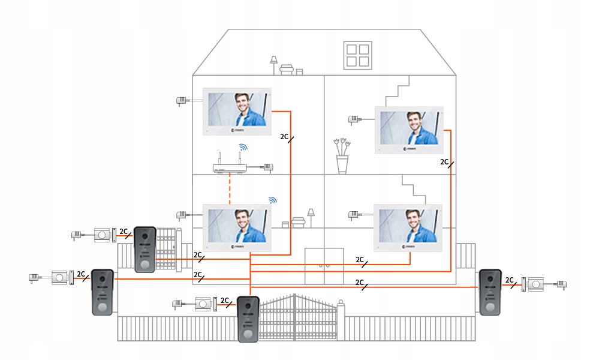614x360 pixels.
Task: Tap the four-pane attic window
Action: (x=357, y=55)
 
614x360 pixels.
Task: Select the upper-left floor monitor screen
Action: (x=237, y=111)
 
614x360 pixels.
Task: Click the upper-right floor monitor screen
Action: (x=409, y=129)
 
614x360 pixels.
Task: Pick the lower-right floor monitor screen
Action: (x=408, y=227)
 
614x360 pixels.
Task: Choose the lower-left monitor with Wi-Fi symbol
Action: (x=237, y=227)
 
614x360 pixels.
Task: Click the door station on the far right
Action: (x=490, y=292)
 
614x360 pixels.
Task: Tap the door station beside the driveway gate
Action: (x=248, y=319)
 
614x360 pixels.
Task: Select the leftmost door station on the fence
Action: (x=102, y=292)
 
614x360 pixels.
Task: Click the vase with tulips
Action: (x=342, y=157)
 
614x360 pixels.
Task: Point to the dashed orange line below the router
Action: (x=230, y=189)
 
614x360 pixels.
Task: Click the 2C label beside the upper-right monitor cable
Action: (x=444, y=162)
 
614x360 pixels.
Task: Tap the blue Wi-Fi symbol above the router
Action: (x=242, y=148)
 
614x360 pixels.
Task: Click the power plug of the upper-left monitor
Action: (x=181, y=101)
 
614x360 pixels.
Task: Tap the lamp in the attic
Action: (x=274, y=63)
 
